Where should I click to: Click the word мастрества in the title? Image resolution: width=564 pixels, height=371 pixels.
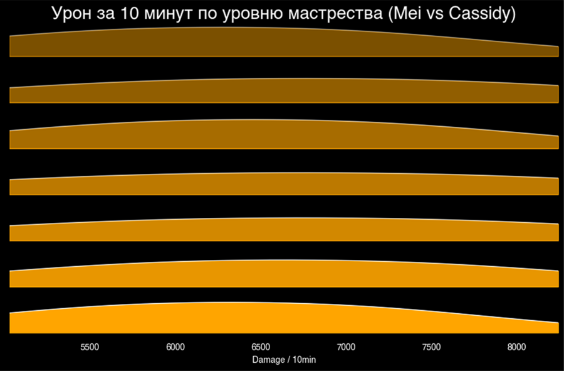tap(333, 14)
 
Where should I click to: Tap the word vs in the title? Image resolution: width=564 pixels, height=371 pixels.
tap(436, 14)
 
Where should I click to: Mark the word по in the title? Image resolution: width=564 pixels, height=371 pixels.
tap(207, 14)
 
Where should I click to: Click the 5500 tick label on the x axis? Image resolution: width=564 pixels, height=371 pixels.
tap(90, 347)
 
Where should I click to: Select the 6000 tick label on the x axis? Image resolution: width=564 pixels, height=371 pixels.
tap(175, 347)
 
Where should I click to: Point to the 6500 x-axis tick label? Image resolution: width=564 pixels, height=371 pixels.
tap(261, 347)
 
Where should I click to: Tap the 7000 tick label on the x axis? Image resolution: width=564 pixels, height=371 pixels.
tap(346, 347)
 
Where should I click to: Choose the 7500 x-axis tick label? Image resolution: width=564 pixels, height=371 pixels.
tap(431, 347)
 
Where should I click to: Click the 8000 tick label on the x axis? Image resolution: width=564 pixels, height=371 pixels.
tap(516, 347)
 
